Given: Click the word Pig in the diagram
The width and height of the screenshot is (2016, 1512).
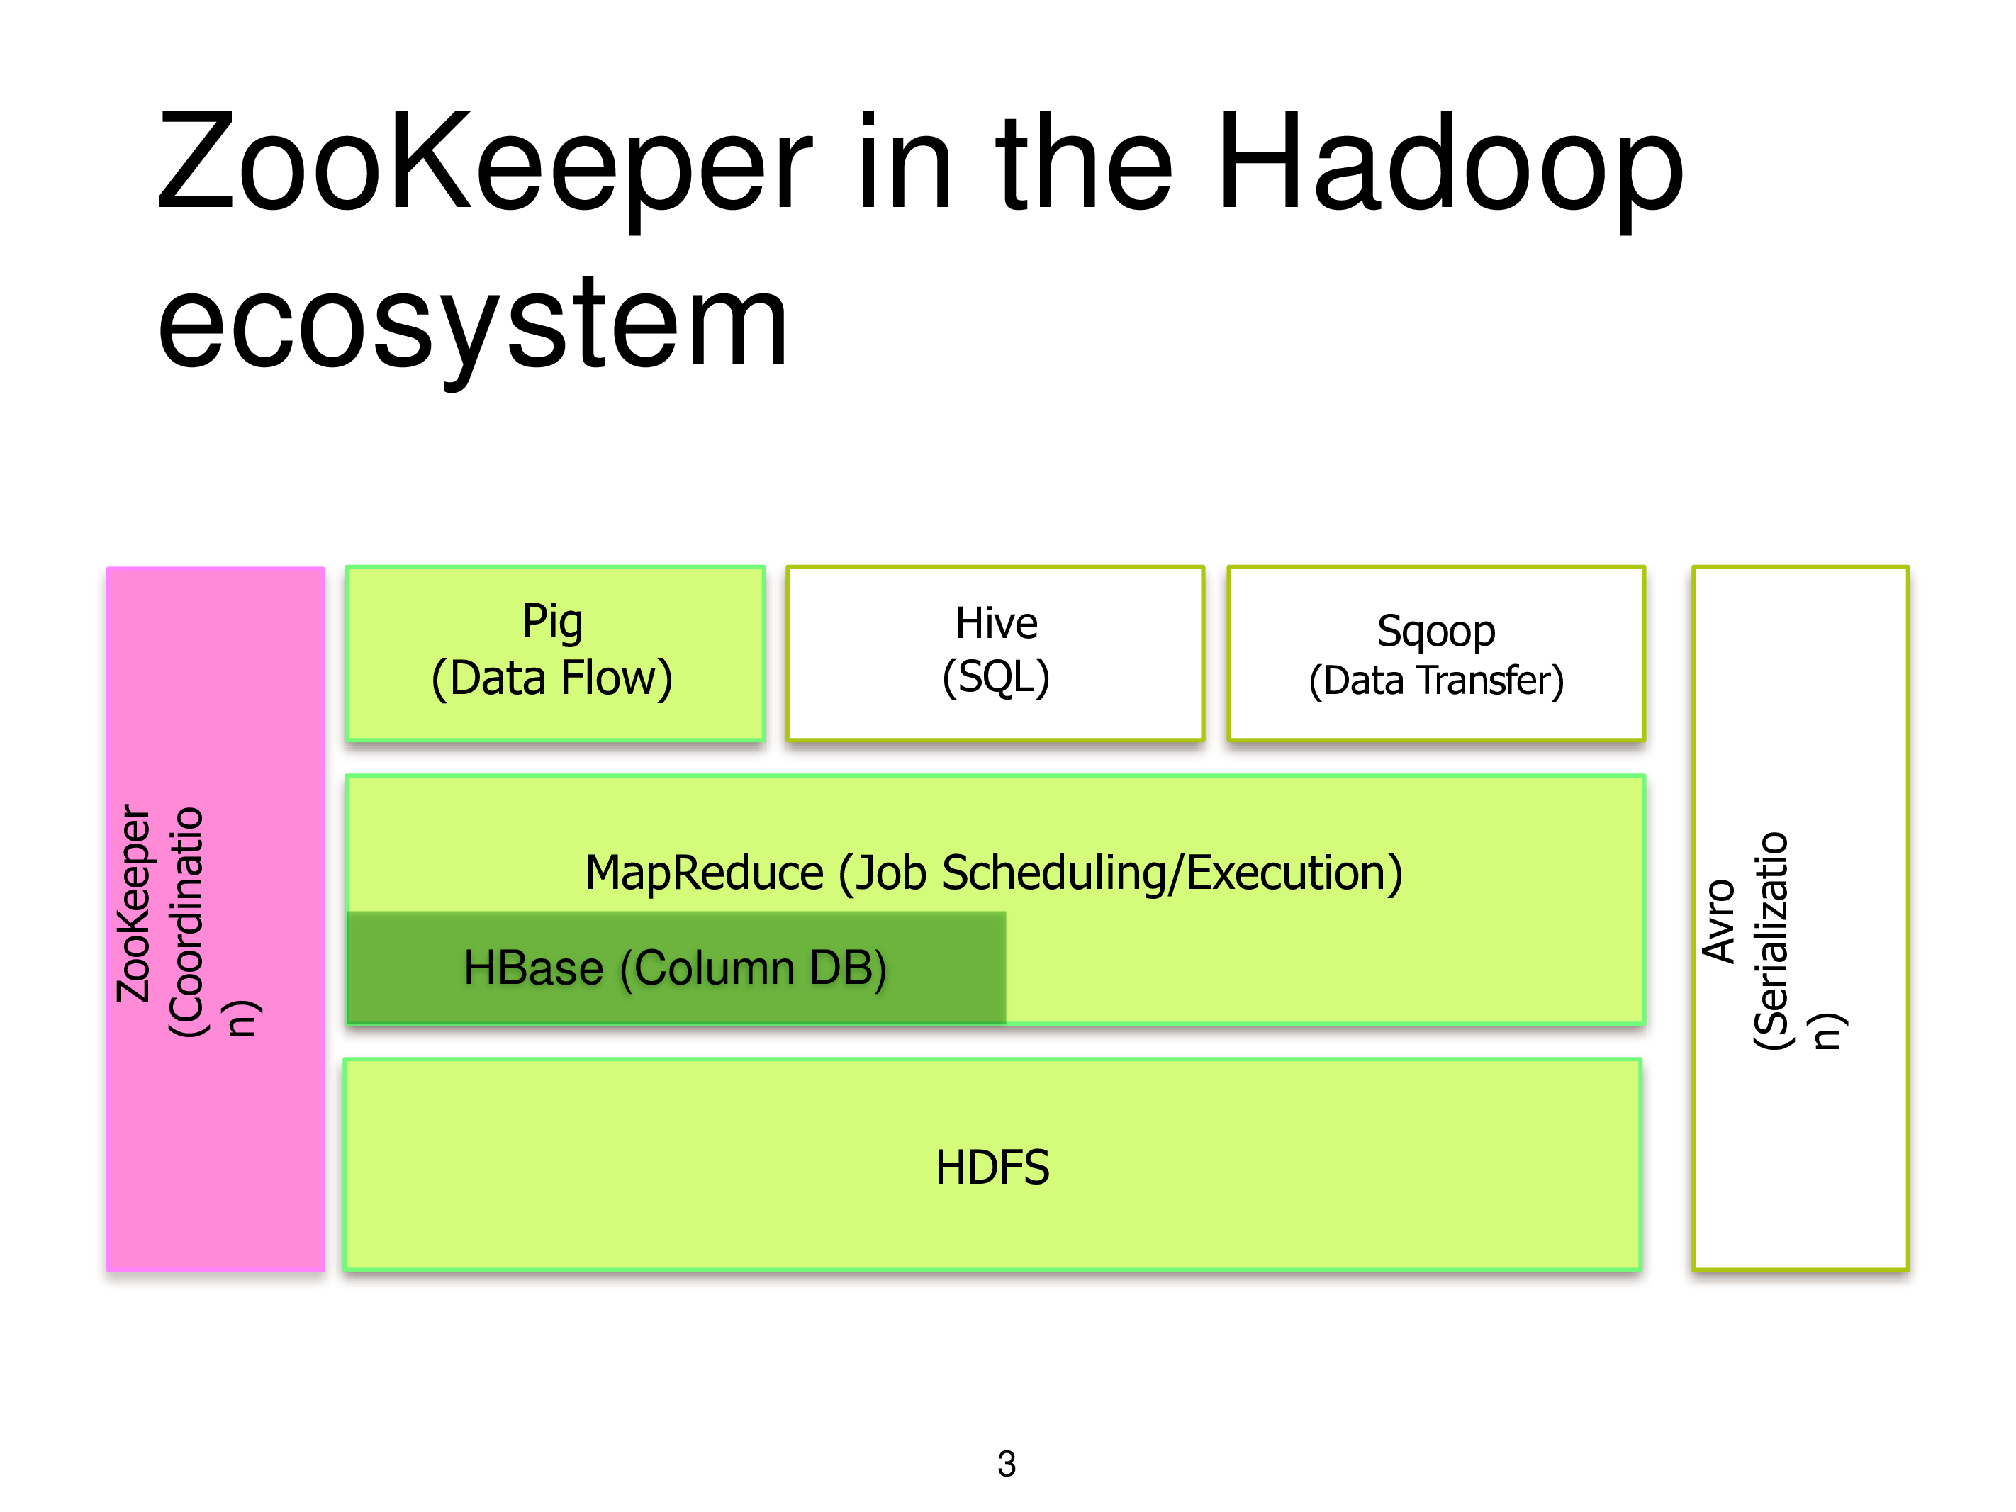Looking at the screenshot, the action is [x=552, y=623].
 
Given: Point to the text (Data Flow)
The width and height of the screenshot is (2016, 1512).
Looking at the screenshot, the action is [x=552, y=679].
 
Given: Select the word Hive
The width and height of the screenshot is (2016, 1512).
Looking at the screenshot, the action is [x=996, y=623].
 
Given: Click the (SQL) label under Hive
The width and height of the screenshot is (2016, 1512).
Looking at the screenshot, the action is [x=996, y=677].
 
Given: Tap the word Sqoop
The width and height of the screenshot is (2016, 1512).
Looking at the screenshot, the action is [x=1436, y=632].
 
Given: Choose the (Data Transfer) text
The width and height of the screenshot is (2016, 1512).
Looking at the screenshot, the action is [x=1436, y=681].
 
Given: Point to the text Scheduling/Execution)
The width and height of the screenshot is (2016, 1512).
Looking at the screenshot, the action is [x=1172, y=873].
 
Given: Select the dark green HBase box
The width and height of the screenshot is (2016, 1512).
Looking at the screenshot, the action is [x=676, y=967].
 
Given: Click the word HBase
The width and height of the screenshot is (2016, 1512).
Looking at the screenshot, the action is [x=533, y=967].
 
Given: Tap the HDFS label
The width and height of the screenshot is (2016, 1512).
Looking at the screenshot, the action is [x=992, y=1167].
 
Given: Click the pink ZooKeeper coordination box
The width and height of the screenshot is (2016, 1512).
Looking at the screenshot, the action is [x=216, y=919].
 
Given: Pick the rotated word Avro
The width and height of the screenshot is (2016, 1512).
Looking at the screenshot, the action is [x=1719, y=922].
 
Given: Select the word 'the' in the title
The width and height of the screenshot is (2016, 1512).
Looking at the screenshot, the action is [x=1085, y=164].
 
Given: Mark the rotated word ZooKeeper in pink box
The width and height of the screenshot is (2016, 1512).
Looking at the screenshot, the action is [x=134, y=903].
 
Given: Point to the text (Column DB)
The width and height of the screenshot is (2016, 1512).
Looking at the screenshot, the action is [x=754, y=968].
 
